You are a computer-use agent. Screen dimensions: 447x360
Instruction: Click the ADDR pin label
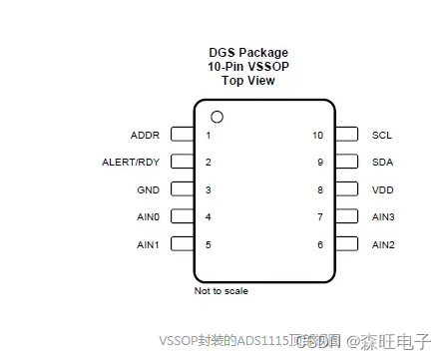pos(145,135)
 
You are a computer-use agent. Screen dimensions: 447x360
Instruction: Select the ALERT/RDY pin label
pos(131,162)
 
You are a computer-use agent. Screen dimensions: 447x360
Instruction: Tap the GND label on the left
pos(146,189)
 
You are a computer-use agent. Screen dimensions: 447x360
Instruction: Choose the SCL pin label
pos(382,135)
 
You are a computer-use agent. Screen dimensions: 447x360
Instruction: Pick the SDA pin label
pos(383,162)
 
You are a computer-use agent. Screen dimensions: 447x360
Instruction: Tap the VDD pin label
pos(383,189)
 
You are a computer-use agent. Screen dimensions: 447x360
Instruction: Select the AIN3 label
pos(384,216)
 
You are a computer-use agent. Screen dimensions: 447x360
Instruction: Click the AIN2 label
pos(384,244)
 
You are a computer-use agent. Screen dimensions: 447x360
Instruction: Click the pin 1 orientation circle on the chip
pos(217,117)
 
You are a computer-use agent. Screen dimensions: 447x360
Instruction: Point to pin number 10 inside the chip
pos(317,135)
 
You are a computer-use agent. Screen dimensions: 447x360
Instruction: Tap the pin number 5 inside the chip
pos(208,244)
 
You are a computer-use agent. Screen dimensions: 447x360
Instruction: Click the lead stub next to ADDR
pos(182,134)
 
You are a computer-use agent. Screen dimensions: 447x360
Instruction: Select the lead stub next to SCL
pos(347,134)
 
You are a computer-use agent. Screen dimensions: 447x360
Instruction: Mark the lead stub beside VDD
pos(347,188)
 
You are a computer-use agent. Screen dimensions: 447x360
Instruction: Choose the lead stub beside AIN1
pos(182,243)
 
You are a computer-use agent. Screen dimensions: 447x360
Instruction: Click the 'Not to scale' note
pos(222,291)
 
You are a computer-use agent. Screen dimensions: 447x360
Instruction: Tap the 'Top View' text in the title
pos(248,81)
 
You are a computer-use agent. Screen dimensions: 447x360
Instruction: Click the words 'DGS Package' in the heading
pos(247,53)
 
